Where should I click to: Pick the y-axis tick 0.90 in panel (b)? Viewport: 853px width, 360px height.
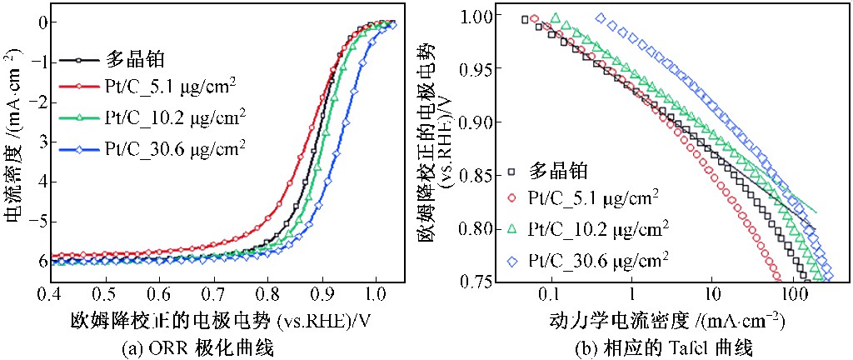pos(467,122)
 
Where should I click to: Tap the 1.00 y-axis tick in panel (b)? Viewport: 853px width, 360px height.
pos(467,15)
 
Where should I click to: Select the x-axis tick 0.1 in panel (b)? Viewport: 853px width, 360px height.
pos(549,296)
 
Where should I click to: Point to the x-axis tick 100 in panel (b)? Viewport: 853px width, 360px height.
pos(794,296)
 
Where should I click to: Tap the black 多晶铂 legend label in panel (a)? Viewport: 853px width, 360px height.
pos(133,59)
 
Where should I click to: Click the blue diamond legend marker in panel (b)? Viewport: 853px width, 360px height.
pos(512,260)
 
